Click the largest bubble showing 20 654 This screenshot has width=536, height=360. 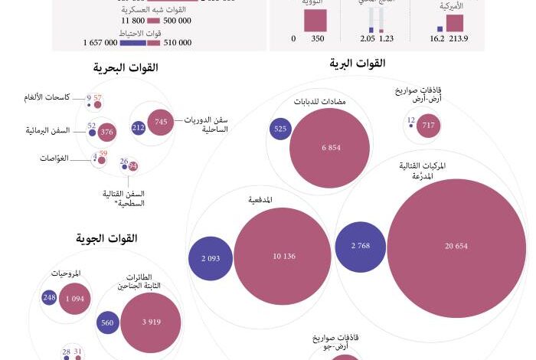pyautogui.click(x=457, y=246)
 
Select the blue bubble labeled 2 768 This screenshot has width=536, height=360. pyautogui.click(x=360, y=246)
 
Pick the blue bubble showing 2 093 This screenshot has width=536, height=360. pyautogui.click(x=211, y=258)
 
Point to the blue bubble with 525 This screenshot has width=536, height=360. pyautogui.click(x=279, y=129)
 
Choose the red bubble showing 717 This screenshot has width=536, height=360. pyautogui.click(x=428, y=125)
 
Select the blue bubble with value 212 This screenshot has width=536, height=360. pyautogui.click(x=139, y=128)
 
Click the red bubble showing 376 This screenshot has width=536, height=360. pyautogui.click(x=107, y=133)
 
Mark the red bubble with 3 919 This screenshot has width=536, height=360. pyautogui.click(x=151, y=322)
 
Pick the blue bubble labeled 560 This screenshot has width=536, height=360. pyautogui.click(x=107, y=323)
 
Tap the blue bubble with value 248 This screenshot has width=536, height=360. pyautogui.click(x=50, y=297)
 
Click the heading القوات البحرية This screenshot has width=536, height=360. pyautogui.click(x=126, y=69)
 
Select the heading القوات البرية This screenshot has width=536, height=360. pyautogui.click(x=357, y=64)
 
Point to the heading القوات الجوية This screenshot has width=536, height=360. pyautogui.click(x=107, y=239)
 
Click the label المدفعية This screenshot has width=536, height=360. pyautogui.click(x=260, y=200)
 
